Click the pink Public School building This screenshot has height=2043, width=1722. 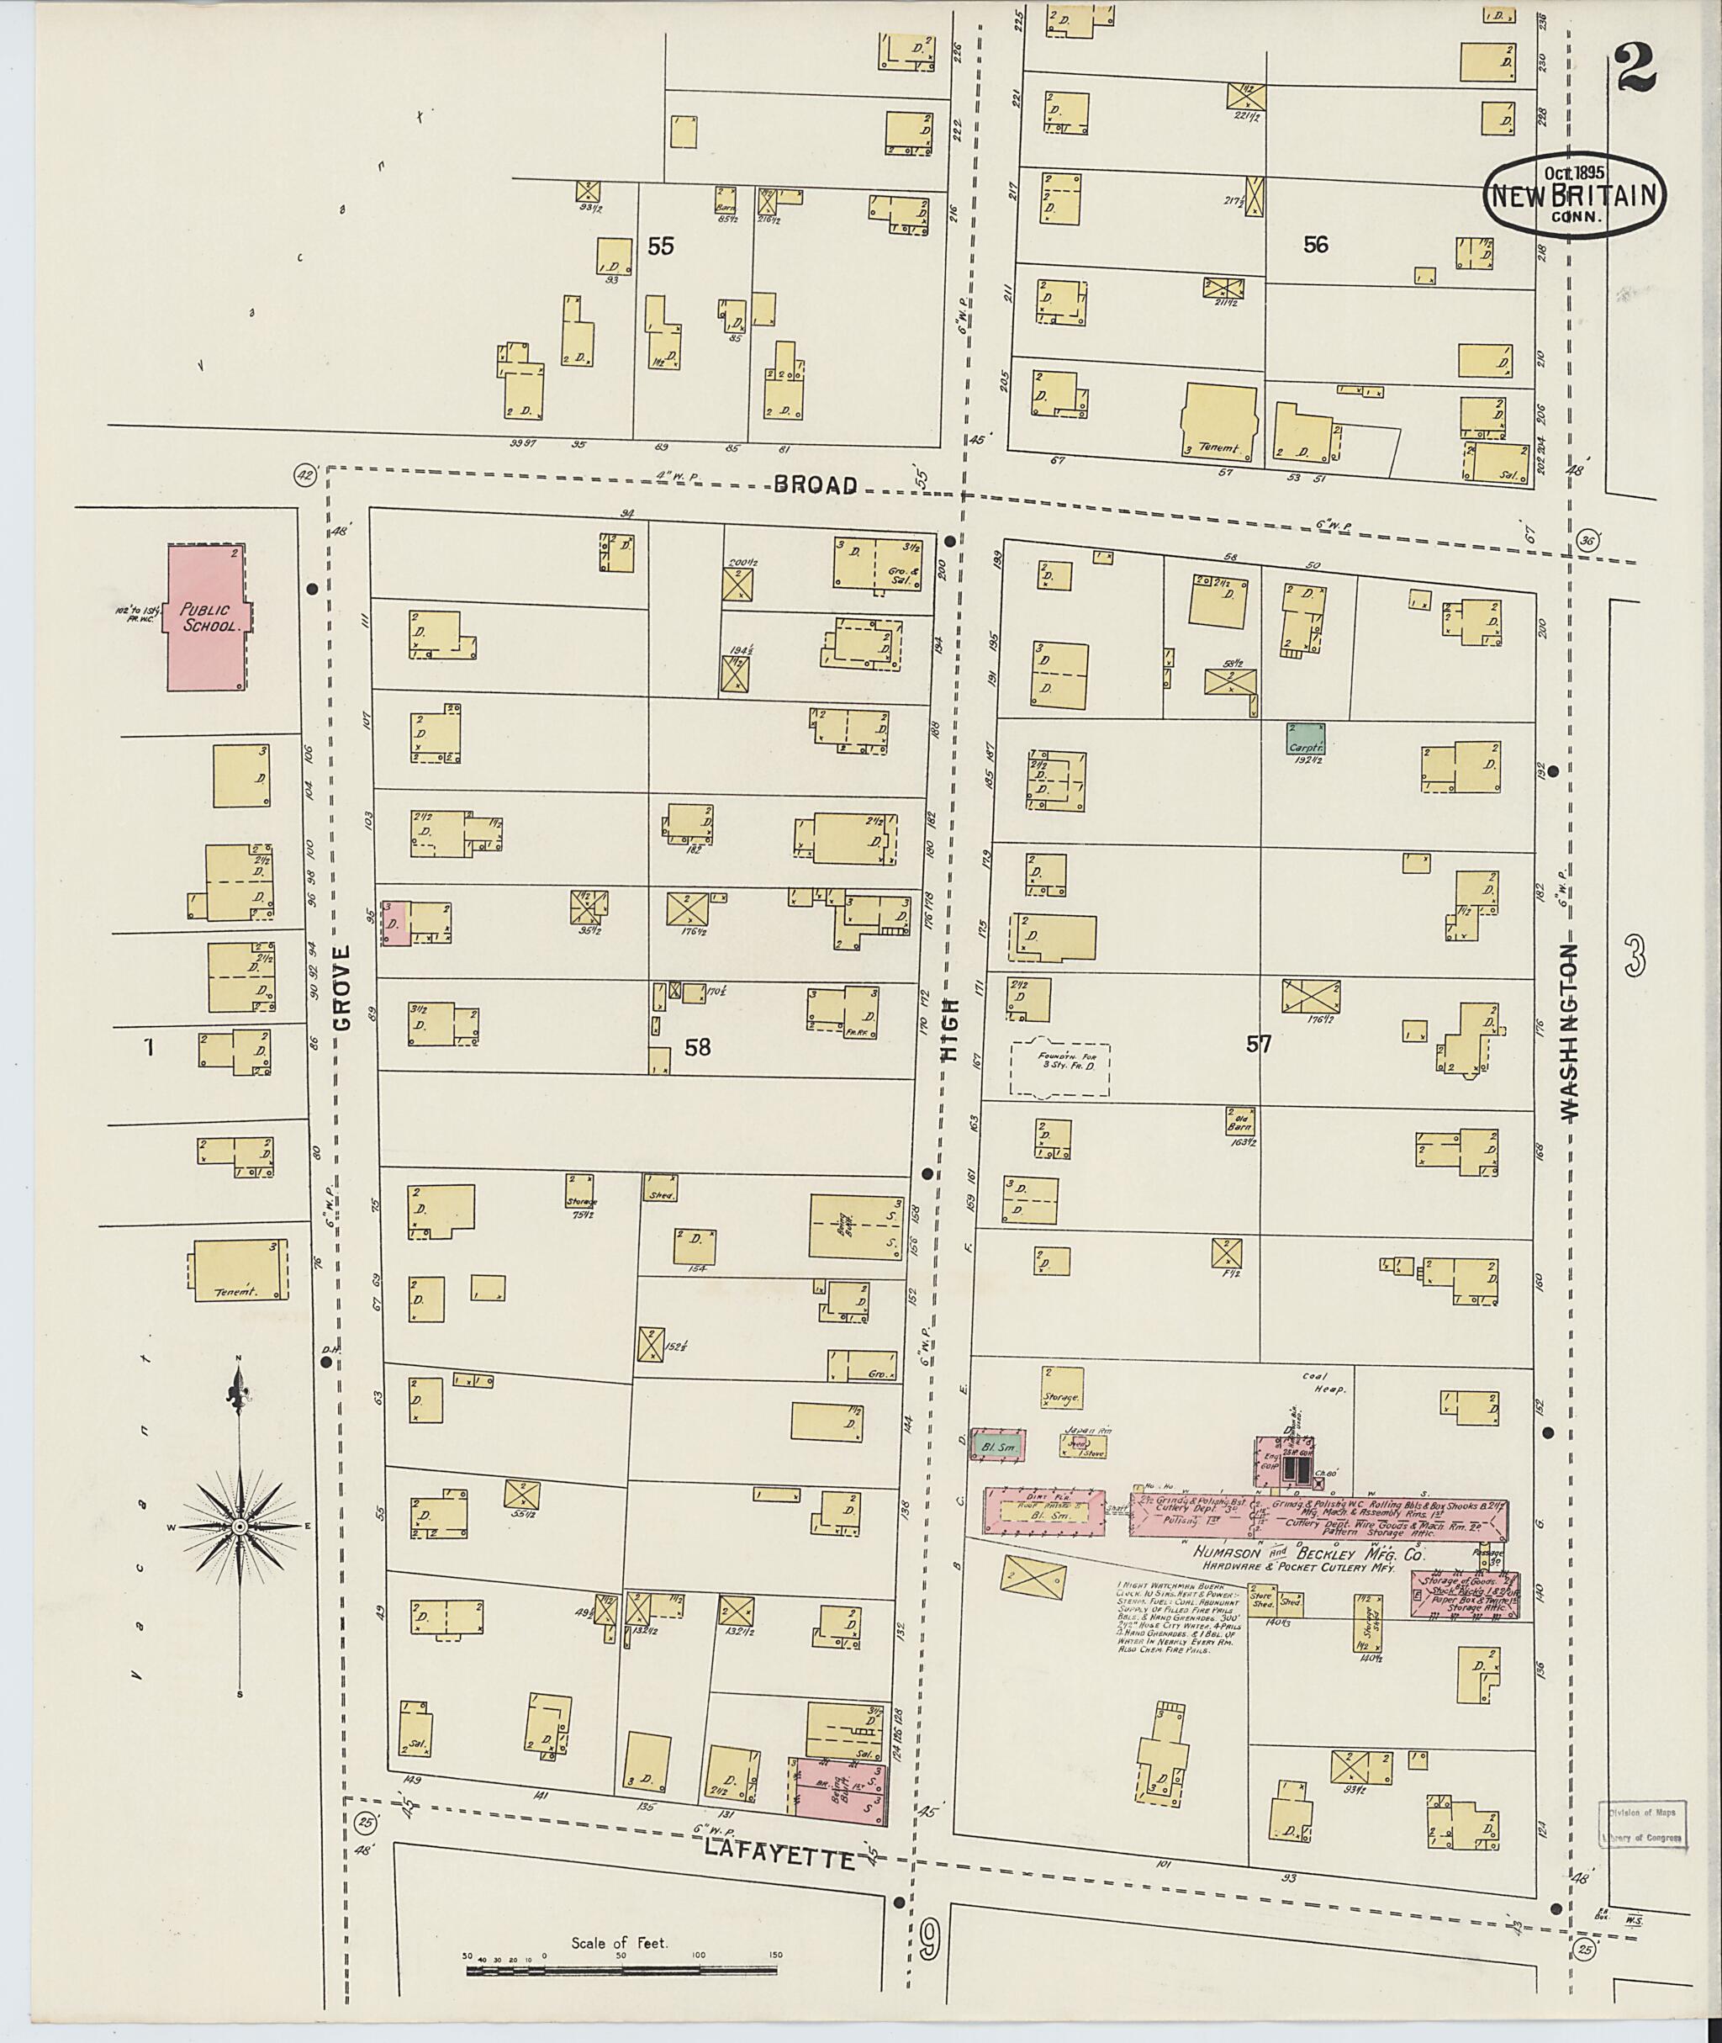(207, 618)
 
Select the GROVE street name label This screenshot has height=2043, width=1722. (341, 987)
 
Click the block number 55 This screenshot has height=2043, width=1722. (661, 247)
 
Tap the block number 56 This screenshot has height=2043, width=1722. (1315, 245)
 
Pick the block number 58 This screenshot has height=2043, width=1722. (697, 1048)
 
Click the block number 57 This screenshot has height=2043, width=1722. (1259, 1045)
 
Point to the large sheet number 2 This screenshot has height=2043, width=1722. (1635, 68)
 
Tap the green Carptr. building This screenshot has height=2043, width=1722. (1305, 738)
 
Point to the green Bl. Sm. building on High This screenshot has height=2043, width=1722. (996, 1447)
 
